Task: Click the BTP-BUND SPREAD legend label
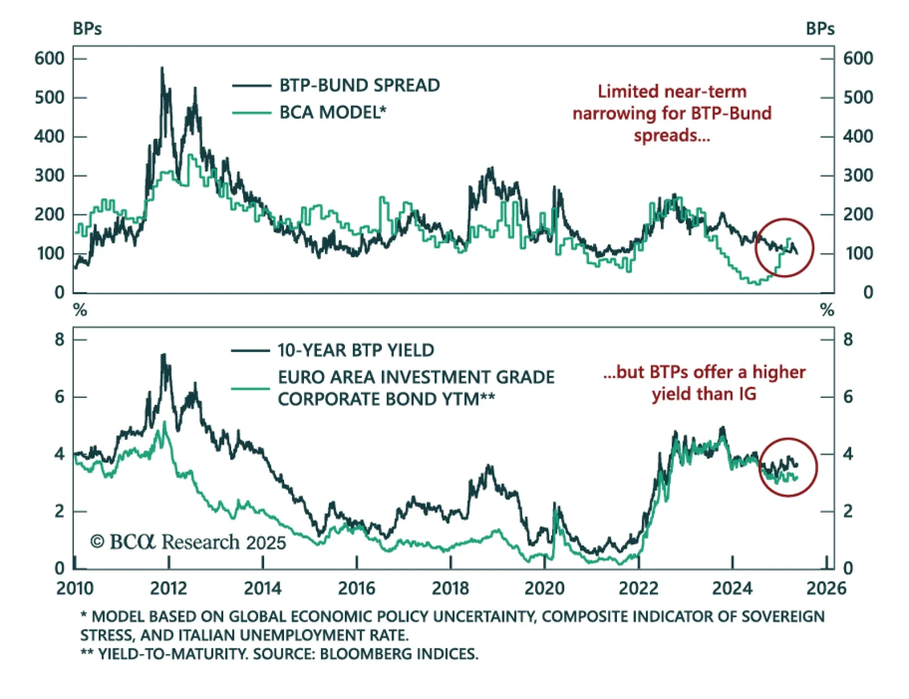click(359, 85)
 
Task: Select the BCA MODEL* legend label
click(332, 113)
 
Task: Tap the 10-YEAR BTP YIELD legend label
click(356, 350)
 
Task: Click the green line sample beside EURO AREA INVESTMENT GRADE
click(251, 389)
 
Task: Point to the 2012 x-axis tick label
click(169, 588)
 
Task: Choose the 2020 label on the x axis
click(544, 588)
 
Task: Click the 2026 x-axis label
click(826, 588)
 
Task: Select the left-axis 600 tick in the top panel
click(49, 59)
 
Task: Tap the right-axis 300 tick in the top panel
click(858, 176)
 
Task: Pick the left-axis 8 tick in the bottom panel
click(60, 340)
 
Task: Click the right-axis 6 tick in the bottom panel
click(848, 397)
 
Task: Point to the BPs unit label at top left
click(87, 29)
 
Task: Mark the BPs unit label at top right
click(820, 29)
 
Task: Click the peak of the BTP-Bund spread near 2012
click(162, 68)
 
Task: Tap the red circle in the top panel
click(785, 248)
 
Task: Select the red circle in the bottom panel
click(788, 467)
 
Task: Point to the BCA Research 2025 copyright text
click(188, 542)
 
